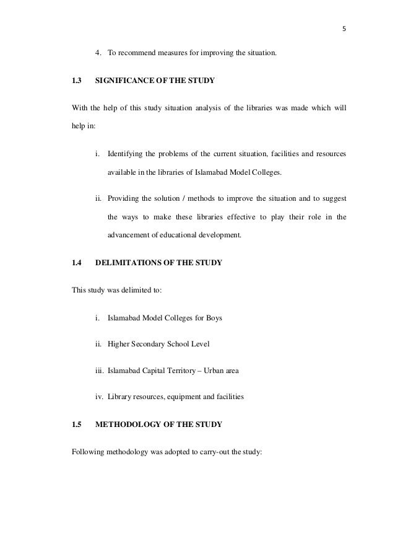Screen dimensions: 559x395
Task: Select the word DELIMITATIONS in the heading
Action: point(127,263)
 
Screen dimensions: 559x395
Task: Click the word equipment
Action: point(180,397)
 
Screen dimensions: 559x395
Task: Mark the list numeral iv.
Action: point(98,397)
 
